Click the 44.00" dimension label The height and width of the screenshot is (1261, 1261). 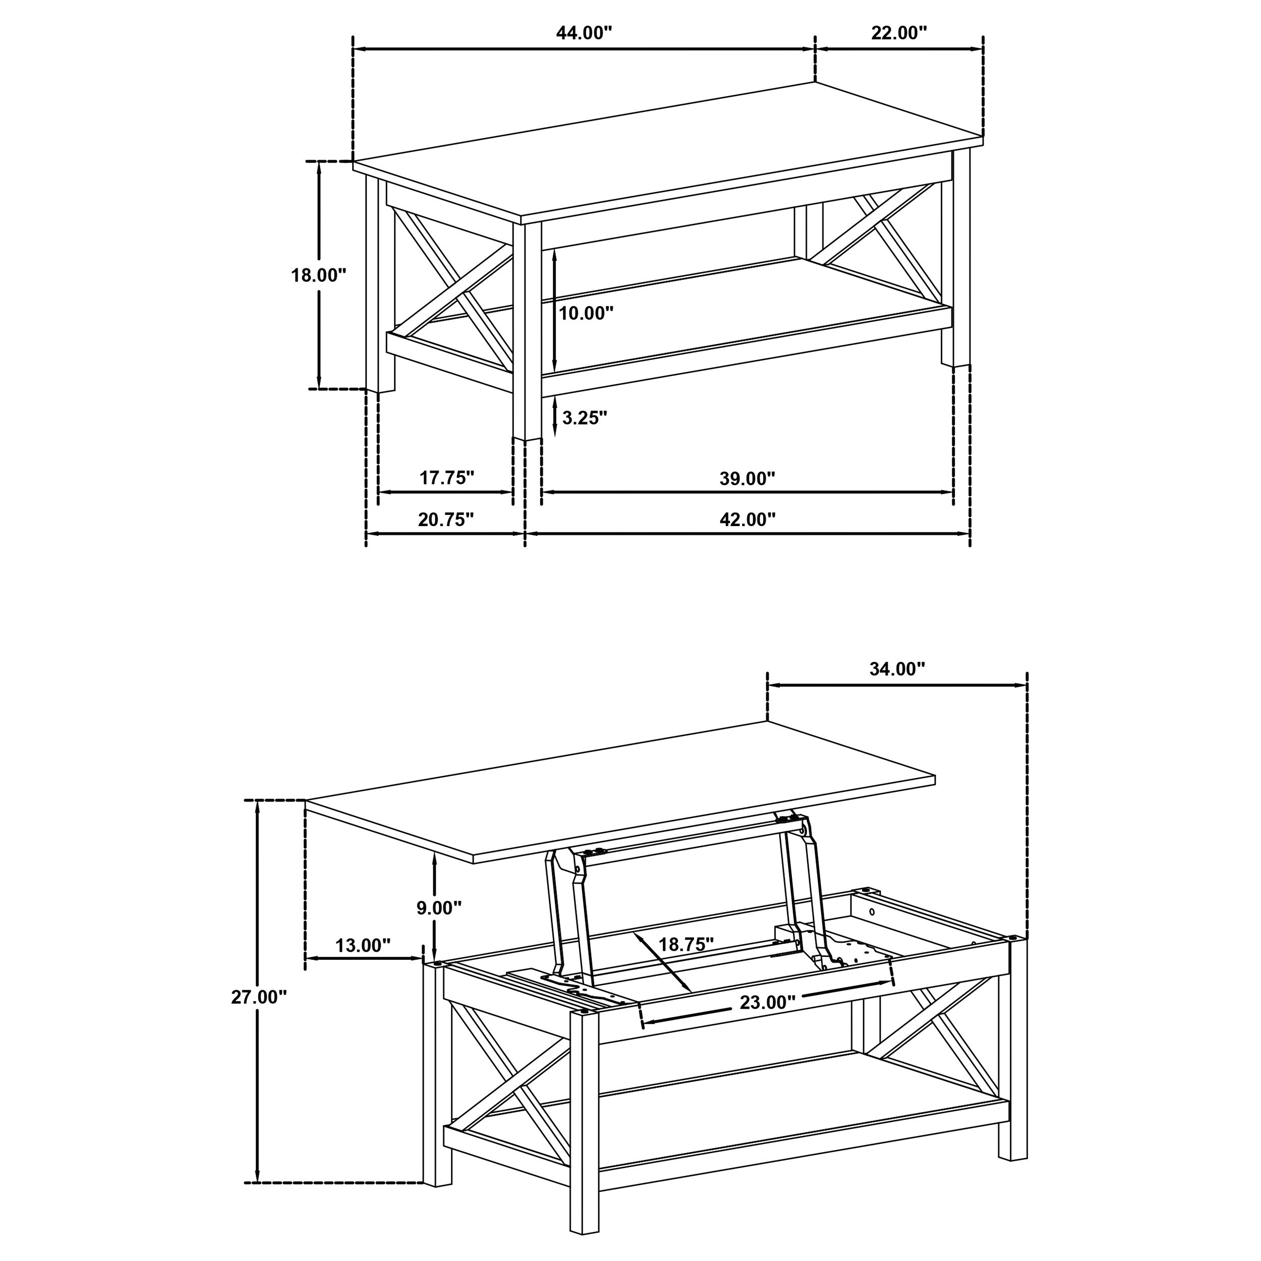584,33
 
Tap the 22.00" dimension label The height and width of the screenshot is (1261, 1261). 899,33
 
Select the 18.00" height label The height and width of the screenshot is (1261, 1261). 318,275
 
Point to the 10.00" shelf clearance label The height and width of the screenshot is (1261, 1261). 586,313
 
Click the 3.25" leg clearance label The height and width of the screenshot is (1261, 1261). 584,418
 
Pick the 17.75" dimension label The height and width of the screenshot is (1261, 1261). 446,478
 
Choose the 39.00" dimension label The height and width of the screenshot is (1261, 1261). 748,478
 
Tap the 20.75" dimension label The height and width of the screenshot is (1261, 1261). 445,520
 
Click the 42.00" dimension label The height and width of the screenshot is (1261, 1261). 748,520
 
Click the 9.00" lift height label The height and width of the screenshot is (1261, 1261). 439,907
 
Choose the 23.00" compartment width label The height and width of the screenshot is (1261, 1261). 767,1002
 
